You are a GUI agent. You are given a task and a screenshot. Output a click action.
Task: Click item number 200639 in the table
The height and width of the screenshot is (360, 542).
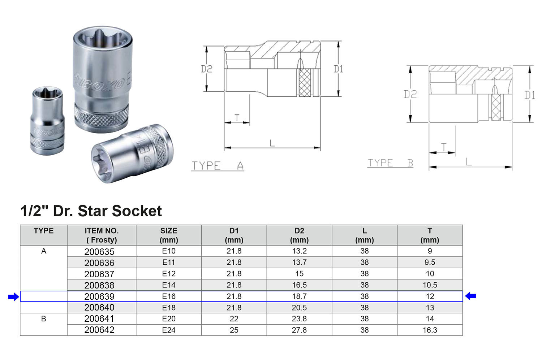pyautogui.click(x=99, y=296)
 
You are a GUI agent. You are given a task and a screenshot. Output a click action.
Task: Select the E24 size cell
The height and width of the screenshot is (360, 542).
pyautogui.click(x=169, y=330)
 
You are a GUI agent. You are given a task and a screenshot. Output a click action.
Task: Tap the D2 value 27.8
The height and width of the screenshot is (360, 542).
pyautogui.click(x=299, y=330)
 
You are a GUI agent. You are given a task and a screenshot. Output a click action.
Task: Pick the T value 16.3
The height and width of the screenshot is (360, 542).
pyautogui.click(x=430, y=330)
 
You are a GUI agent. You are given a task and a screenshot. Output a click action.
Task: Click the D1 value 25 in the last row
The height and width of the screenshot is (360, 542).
pyautogui.click(x=234, y=330)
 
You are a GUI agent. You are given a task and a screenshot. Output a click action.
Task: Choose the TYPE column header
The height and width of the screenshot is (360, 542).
pyautogui.click(x=44, y=231)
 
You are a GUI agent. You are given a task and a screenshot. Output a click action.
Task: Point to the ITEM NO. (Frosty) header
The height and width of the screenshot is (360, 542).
pyautogui.click(x=102, y=235)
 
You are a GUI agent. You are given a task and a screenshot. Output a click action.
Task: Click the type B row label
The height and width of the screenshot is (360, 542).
pyautogui.click(x=44, y=319)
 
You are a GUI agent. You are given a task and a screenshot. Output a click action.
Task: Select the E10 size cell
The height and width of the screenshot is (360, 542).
pyautogui.click(x=169, y=251)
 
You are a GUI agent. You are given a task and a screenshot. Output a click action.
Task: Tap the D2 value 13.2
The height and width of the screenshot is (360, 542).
pyautogui.click(x=299, y=251)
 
